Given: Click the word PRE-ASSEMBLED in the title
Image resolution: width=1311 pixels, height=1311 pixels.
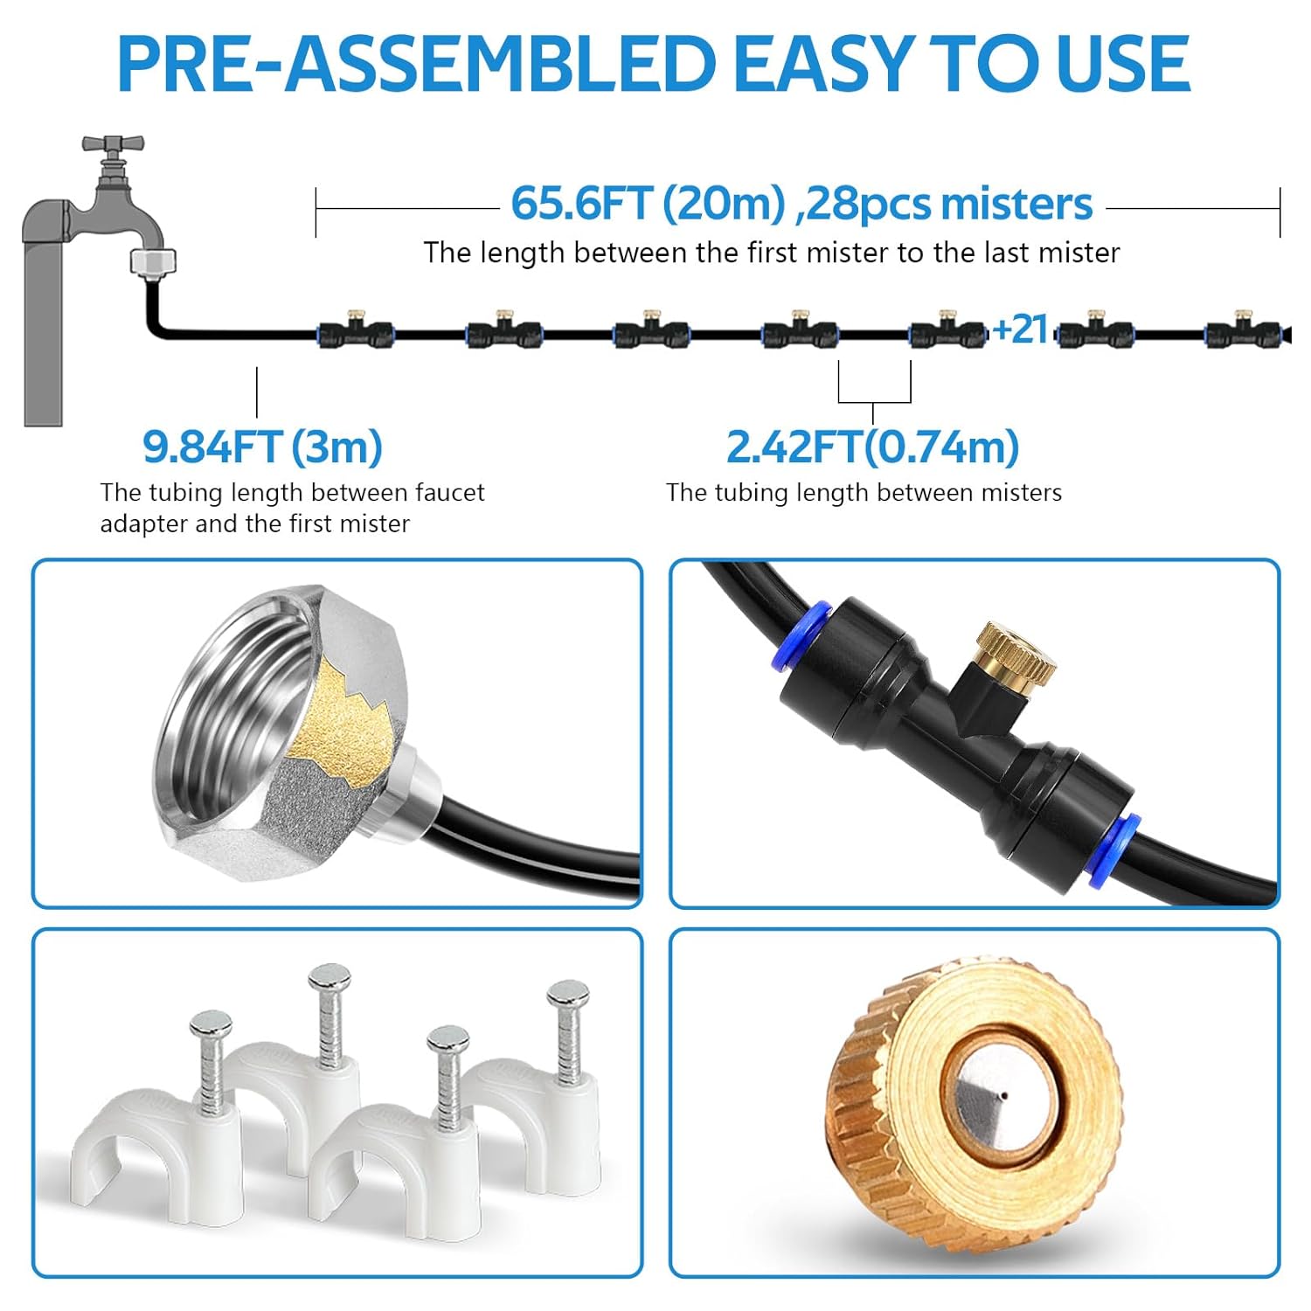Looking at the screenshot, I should (416, 63).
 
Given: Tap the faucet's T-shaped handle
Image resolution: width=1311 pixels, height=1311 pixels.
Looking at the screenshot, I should (113, 144).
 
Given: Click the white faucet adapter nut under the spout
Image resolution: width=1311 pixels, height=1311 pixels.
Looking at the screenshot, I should (153, 260).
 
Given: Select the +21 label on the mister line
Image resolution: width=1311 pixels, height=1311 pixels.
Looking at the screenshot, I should (1020, 329).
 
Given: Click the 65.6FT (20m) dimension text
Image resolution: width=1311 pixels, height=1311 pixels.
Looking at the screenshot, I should (648, 204).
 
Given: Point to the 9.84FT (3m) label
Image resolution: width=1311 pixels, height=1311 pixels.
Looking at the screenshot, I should (262, 447).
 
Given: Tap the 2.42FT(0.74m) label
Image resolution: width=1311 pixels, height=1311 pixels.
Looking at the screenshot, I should (872, 447).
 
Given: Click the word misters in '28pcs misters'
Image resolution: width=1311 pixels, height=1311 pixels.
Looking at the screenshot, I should (1017, 204).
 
